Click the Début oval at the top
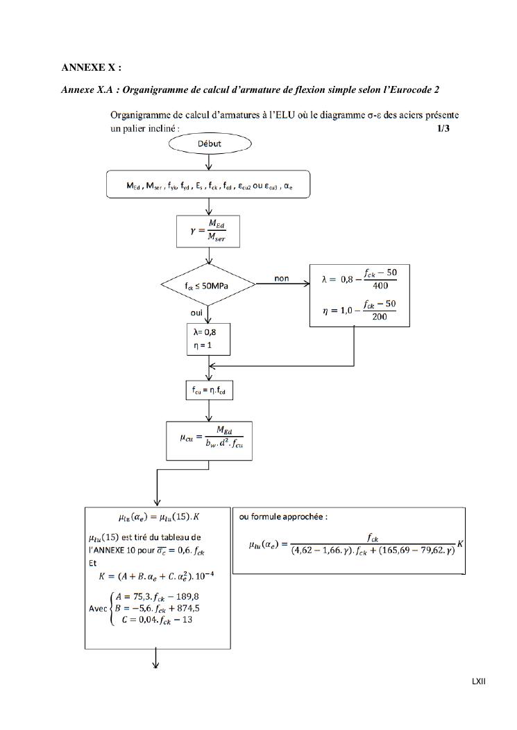[209, 144]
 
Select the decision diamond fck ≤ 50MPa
[208, 285]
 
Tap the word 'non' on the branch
[282, 279]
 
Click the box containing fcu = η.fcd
[209, 391]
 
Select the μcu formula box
[209, 441]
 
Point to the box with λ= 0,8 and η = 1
[208, 339]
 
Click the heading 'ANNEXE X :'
[91, 67]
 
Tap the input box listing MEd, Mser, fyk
[208, 186]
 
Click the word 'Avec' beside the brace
[99, 609]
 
